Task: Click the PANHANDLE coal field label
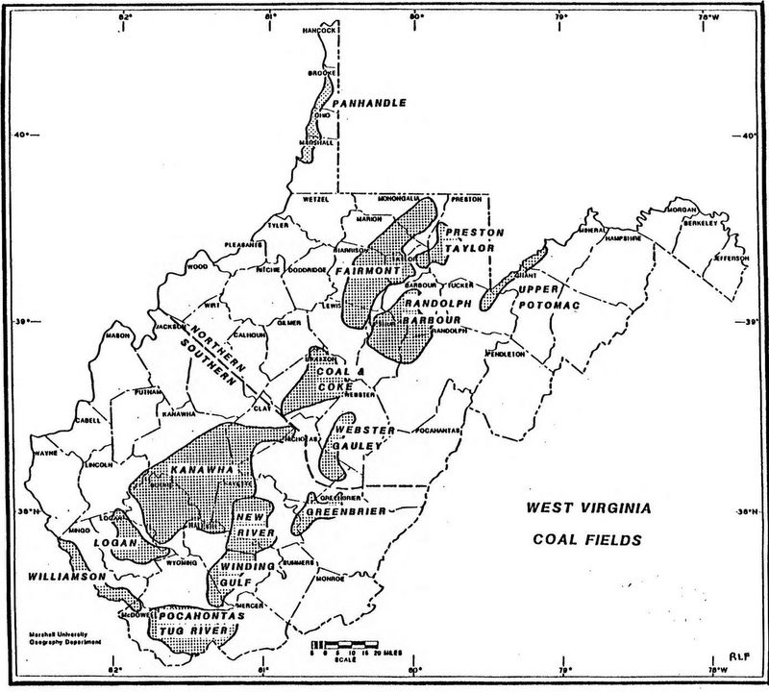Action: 369,103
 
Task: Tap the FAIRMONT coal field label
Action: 367,272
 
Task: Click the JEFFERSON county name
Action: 730,258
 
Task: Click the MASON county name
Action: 118,335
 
